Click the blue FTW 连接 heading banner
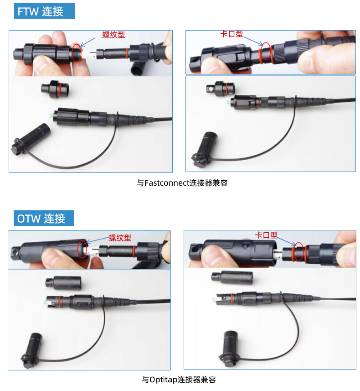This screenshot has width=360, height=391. (44, 11)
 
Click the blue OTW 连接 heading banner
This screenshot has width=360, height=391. (44, 219)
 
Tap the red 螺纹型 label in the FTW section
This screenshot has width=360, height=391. (113, 35)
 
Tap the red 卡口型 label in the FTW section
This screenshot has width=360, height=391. (231, 34)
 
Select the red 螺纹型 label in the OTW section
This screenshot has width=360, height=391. (120, 238)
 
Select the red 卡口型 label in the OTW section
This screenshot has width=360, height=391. (266, 235)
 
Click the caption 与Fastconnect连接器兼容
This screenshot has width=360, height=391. (182, 183)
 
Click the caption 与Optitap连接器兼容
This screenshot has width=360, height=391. (179, 380)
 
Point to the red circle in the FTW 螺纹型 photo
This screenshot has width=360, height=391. (72, 53)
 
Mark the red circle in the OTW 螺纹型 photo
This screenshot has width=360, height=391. (78, 249)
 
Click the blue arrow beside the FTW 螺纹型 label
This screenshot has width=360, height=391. (88, 42)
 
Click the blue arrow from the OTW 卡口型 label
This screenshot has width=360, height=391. (287, 241)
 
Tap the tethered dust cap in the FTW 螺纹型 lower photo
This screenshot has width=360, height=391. (31, 139)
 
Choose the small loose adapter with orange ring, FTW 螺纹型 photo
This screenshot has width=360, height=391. (55, 89)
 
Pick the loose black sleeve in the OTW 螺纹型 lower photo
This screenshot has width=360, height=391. (63, 283)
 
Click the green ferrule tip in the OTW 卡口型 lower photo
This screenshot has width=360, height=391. (214, 299)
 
